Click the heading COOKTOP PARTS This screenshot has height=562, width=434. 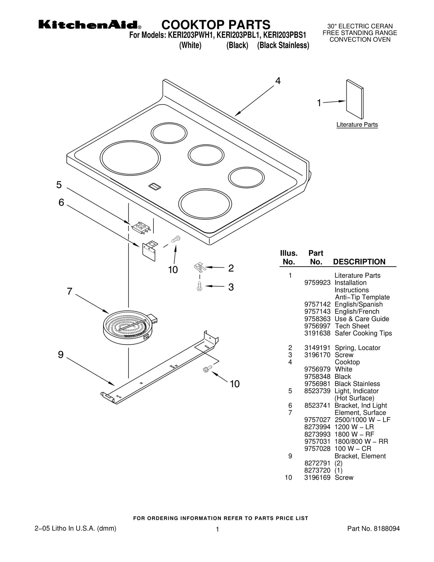tap(216, 25)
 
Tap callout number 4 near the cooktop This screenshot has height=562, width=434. tap(278, 81)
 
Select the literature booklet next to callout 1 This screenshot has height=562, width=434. tap(355, 99)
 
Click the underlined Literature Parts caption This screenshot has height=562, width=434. tap(357, 125)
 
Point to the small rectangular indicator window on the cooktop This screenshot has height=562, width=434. tap(155, 186)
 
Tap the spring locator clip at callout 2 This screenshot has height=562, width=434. tap(200, 267)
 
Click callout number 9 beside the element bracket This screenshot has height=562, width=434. tap(61, 355)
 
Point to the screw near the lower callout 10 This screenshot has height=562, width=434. tap(207, 369)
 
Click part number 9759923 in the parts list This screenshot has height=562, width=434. tap(317, 283)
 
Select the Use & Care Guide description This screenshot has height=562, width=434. tap(362, 319)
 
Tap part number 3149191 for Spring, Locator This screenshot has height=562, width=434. tap(317, 348)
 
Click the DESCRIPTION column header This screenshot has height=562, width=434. tap(359, 262)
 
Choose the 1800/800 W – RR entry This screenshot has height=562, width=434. tap(361, 442)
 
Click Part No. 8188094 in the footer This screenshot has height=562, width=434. tap(373, 528)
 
